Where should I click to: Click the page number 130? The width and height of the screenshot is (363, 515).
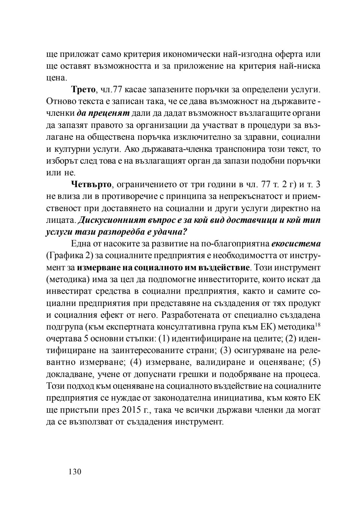75,472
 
